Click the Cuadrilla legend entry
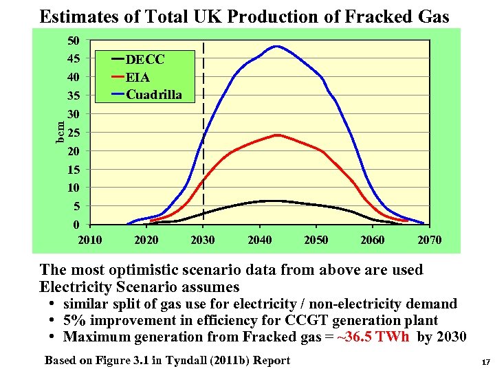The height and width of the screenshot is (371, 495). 153,95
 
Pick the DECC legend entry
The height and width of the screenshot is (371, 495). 144,60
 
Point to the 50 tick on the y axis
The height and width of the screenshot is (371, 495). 74,41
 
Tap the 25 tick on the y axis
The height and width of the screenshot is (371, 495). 74,133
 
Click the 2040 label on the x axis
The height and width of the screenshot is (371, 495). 259,240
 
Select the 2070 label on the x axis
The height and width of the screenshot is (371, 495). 430,240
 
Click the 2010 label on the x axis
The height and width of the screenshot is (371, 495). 90,240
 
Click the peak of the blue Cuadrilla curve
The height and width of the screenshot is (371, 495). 276,46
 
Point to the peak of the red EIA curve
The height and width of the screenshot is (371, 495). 277,135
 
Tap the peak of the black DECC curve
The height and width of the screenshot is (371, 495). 275,201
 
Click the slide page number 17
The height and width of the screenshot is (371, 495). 485,361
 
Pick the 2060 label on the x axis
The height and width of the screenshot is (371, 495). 373,240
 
